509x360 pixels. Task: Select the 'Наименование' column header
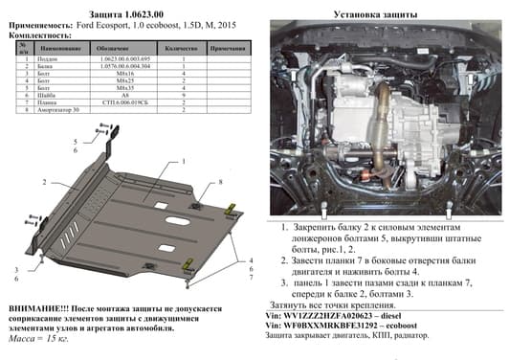click(59, 48)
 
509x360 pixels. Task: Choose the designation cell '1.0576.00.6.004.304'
click(122, 67)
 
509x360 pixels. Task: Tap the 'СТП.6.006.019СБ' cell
click(122, 104)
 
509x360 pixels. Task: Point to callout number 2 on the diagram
click(45, 181)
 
